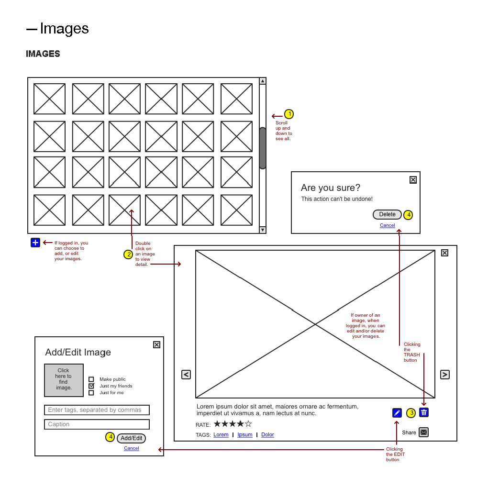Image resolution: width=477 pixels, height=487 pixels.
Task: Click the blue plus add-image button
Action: [x=35, y=243]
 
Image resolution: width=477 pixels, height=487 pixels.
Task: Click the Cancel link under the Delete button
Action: [x=388, y=225]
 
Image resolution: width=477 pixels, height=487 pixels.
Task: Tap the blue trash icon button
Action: [x=424, y=412]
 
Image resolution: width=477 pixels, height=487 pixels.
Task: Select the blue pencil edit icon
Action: [x=397, y=413]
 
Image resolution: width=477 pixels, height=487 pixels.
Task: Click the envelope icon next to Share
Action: [x=423, y=432]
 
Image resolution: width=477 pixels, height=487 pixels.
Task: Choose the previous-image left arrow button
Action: [x=186, y=375]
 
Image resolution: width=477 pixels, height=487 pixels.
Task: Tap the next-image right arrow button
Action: [x=445, y=375]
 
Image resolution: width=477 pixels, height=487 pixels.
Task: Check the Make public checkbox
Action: [x=91, y=379]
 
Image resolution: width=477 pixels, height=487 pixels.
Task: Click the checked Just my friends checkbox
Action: [x=91, y=386]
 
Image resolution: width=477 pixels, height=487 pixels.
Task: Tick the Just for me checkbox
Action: [x=91, y=393]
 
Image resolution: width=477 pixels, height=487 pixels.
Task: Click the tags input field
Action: [x=97, y=410]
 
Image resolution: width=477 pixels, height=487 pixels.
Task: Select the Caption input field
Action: [x=97, y=424]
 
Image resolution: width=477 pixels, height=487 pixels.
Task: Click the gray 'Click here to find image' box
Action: [x=64, y=380]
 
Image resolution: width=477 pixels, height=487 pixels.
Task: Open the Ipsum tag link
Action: [x=245, y=435]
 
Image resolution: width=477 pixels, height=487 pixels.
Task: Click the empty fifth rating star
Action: [x=248, y=424]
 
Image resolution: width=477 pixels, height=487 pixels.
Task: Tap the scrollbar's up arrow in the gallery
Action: [x=263, y=81]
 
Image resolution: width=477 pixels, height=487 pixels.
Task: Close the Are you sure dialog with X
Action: [x=413, y=180]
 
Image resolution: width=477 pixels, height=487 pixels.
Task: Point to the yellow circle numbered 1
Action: [x=289, y=114]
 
